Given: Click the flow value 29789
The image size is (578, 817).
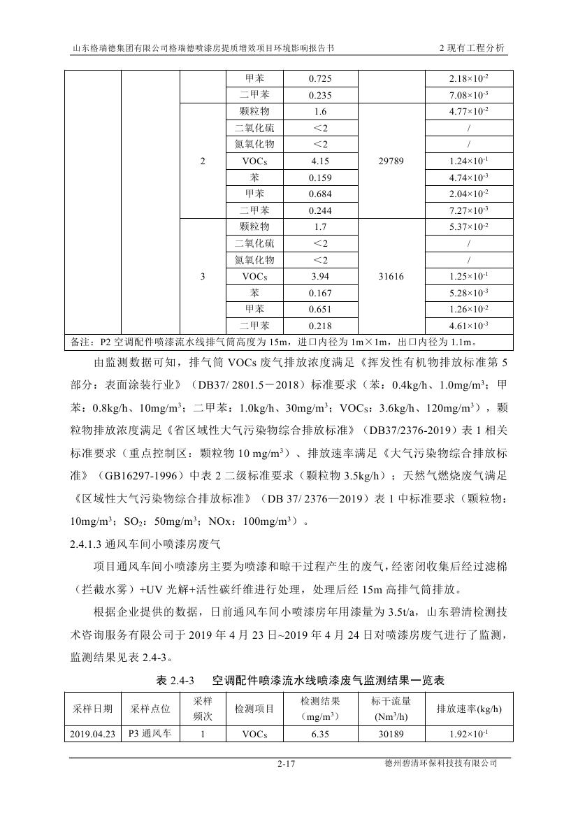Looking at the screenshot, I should click(391, 161).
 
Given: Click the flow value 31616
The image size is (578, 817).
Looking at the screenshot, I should click(391, 277).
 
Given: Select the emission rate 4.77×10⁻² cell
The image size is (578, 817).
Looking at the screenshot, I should click(468, 112).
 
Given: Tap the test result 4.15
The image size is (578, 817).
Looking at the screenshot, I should click(320, 161).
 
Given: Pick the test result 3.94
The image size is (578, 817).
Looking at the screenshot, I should click(320, 277).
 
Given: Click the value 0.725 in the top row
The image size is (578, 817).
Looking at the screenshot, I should click(320, 79).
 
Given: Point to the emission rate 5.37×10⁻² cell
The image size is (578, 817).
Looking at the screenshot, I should click(468, 227).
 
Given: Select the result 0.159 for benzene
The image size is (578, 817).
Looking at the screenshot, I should click(320, 178).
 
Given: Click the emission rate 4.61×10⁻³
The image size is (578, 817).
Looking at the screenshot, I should click(468, 326).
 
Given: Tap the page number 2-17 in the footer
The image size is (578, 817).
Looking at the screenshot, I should click(287, 765).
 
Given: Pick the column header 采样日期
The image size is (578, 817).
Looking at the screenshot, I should click(92, 709).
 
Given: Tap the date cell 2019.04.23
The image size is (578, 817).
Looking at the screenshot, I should click(92, 735).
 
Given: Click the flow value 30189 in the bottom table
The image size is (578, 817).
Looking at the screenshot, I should click(391, 735).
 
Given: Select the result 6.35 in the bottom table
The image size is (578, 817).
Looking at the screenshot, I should click(320, 735).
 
